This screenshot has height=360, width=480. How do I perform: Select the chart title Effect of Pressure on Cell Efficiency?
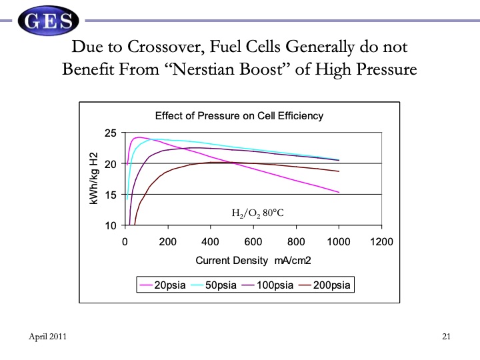click(239, 116)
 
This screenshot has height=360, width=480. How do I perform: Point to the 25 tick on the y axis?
click(111, 133)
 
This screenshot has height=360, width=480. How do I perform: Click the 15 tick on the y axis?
click(111, 195)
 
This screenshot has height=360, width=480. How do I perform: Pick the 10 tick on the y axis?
click(111, 225)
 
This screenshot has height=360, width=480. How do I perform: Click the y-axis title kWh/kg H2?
click(94, 179)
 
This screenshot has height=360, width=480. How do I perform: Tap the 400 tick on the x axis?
click(210, 241)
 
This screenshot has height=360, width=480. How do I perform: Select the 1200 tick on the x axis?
click(382, 241)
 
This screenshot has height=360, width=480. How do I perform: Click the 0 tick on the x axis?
click(125, 241)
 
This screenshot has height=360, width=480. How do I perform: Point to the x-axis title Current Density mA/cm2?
click(253, 260)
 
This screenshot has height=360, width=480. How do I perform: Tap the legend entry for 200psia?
click(327, 285)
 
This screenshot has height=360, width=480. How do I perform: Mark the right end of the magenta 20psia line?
click(339, 192)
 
